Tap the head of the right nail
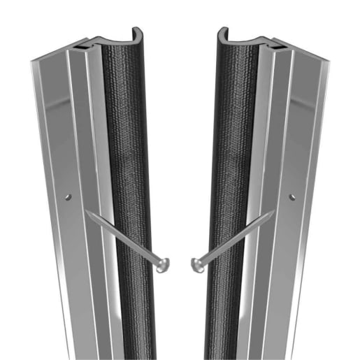click(197, 264)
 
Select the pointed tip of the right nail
click(273, 213)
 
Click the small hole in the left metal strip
click(68, 197)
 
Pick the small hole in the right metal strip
click(291, 197)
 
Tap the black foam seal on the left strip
click(129, 175)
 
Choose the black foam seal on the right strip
click(231, 175)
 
